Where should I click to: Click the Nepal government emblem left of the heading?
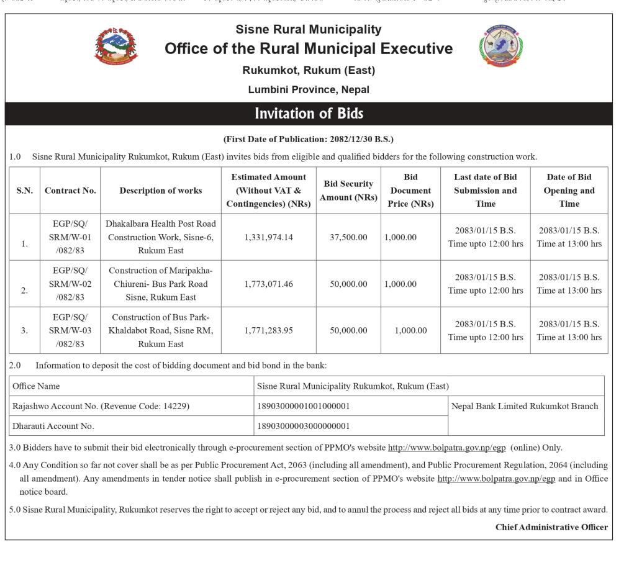click(x=116, y=46)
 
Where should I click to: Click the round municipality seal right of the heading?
click(x=500, y=46)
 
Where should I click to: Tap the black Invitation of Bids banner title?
click(x=309, y=114)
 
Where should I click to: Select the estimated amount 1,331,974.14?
click(x=268, y=237)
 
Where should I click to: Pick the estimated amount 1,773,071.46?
click(x=268, y=284)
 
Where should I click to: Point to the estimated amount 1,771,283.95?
click(x=268, y=330)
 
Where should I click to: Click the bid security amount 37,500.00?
click(x=348, y=237)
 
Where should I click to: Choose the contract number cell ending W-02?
click(x=70, y=284)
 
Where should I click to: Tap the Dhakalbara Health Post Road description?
click(x=161, y=237)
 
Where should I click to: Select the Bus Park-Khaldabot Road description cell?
click(x=161, y=330)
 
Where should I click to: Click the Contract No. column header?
click(x=70, y=191)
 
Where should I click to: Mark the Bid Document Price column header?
click(x=410, y=191)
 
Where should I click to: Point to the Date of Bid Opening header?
click(x=569, y=191)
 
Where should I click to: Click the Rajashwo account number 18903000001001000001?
click(x=304, y=406)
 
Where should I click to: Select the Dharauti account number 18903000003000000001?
click(x=304, y=426)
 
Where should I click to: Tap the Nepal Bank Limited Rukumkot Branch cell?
click(x=525, y=406)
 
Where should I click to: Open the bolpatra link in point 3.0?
click(x=447, y=448)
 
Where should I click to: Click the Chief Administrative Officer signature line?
click(x=551, y=527)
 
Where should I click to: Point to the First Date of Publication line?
click(x=309, y=139)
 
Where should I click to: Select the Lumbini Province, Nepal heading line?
click(x=309, y=89)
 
